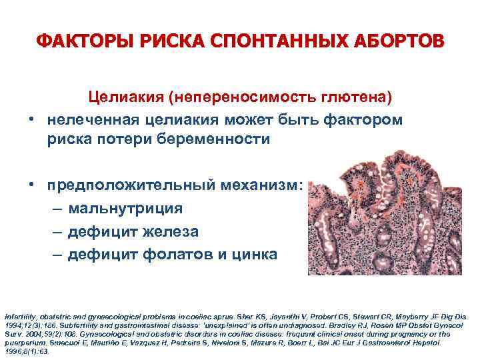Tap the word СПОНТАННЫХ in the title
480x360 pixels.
coord(270,43)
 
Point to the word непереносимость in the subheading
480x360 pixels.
coord(251,97)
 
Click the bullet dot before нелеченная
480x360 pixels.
coord(31,119)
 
